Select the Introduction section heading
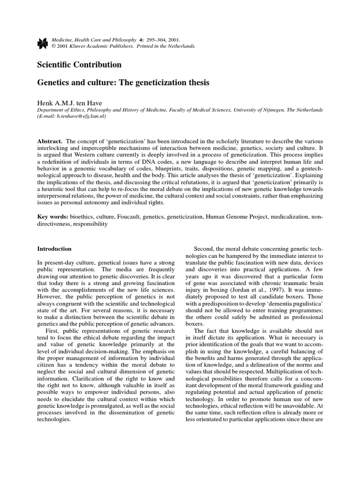point(54,248)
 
